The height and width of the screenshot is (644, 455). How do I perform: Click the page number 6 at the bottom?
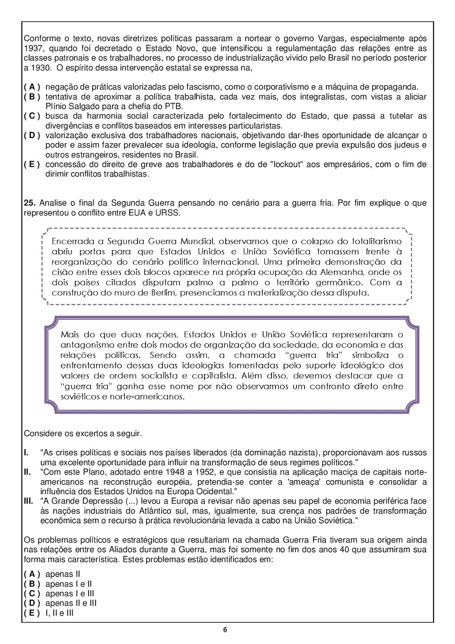click(225, 630)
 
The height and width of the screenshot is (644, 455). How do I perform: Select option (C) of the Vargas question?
click(32, 116)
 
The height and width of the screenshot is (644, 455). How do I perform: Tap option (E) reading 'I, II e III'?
click(32, 613)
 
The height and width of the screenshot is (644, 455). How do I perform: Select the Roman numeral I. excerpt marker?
click(26, 453)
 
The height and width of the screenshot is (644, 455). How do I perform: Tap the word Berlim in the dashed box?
click(165, 293)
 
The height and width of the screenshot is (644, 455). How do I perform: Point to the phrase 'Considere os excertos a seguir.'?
click(83, 433)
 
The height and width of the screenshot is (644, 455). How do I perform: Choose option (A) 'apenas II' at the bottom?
click(32, 574)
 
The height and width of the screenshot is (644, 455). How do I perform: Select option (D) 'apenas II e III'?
click(32, 603)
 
